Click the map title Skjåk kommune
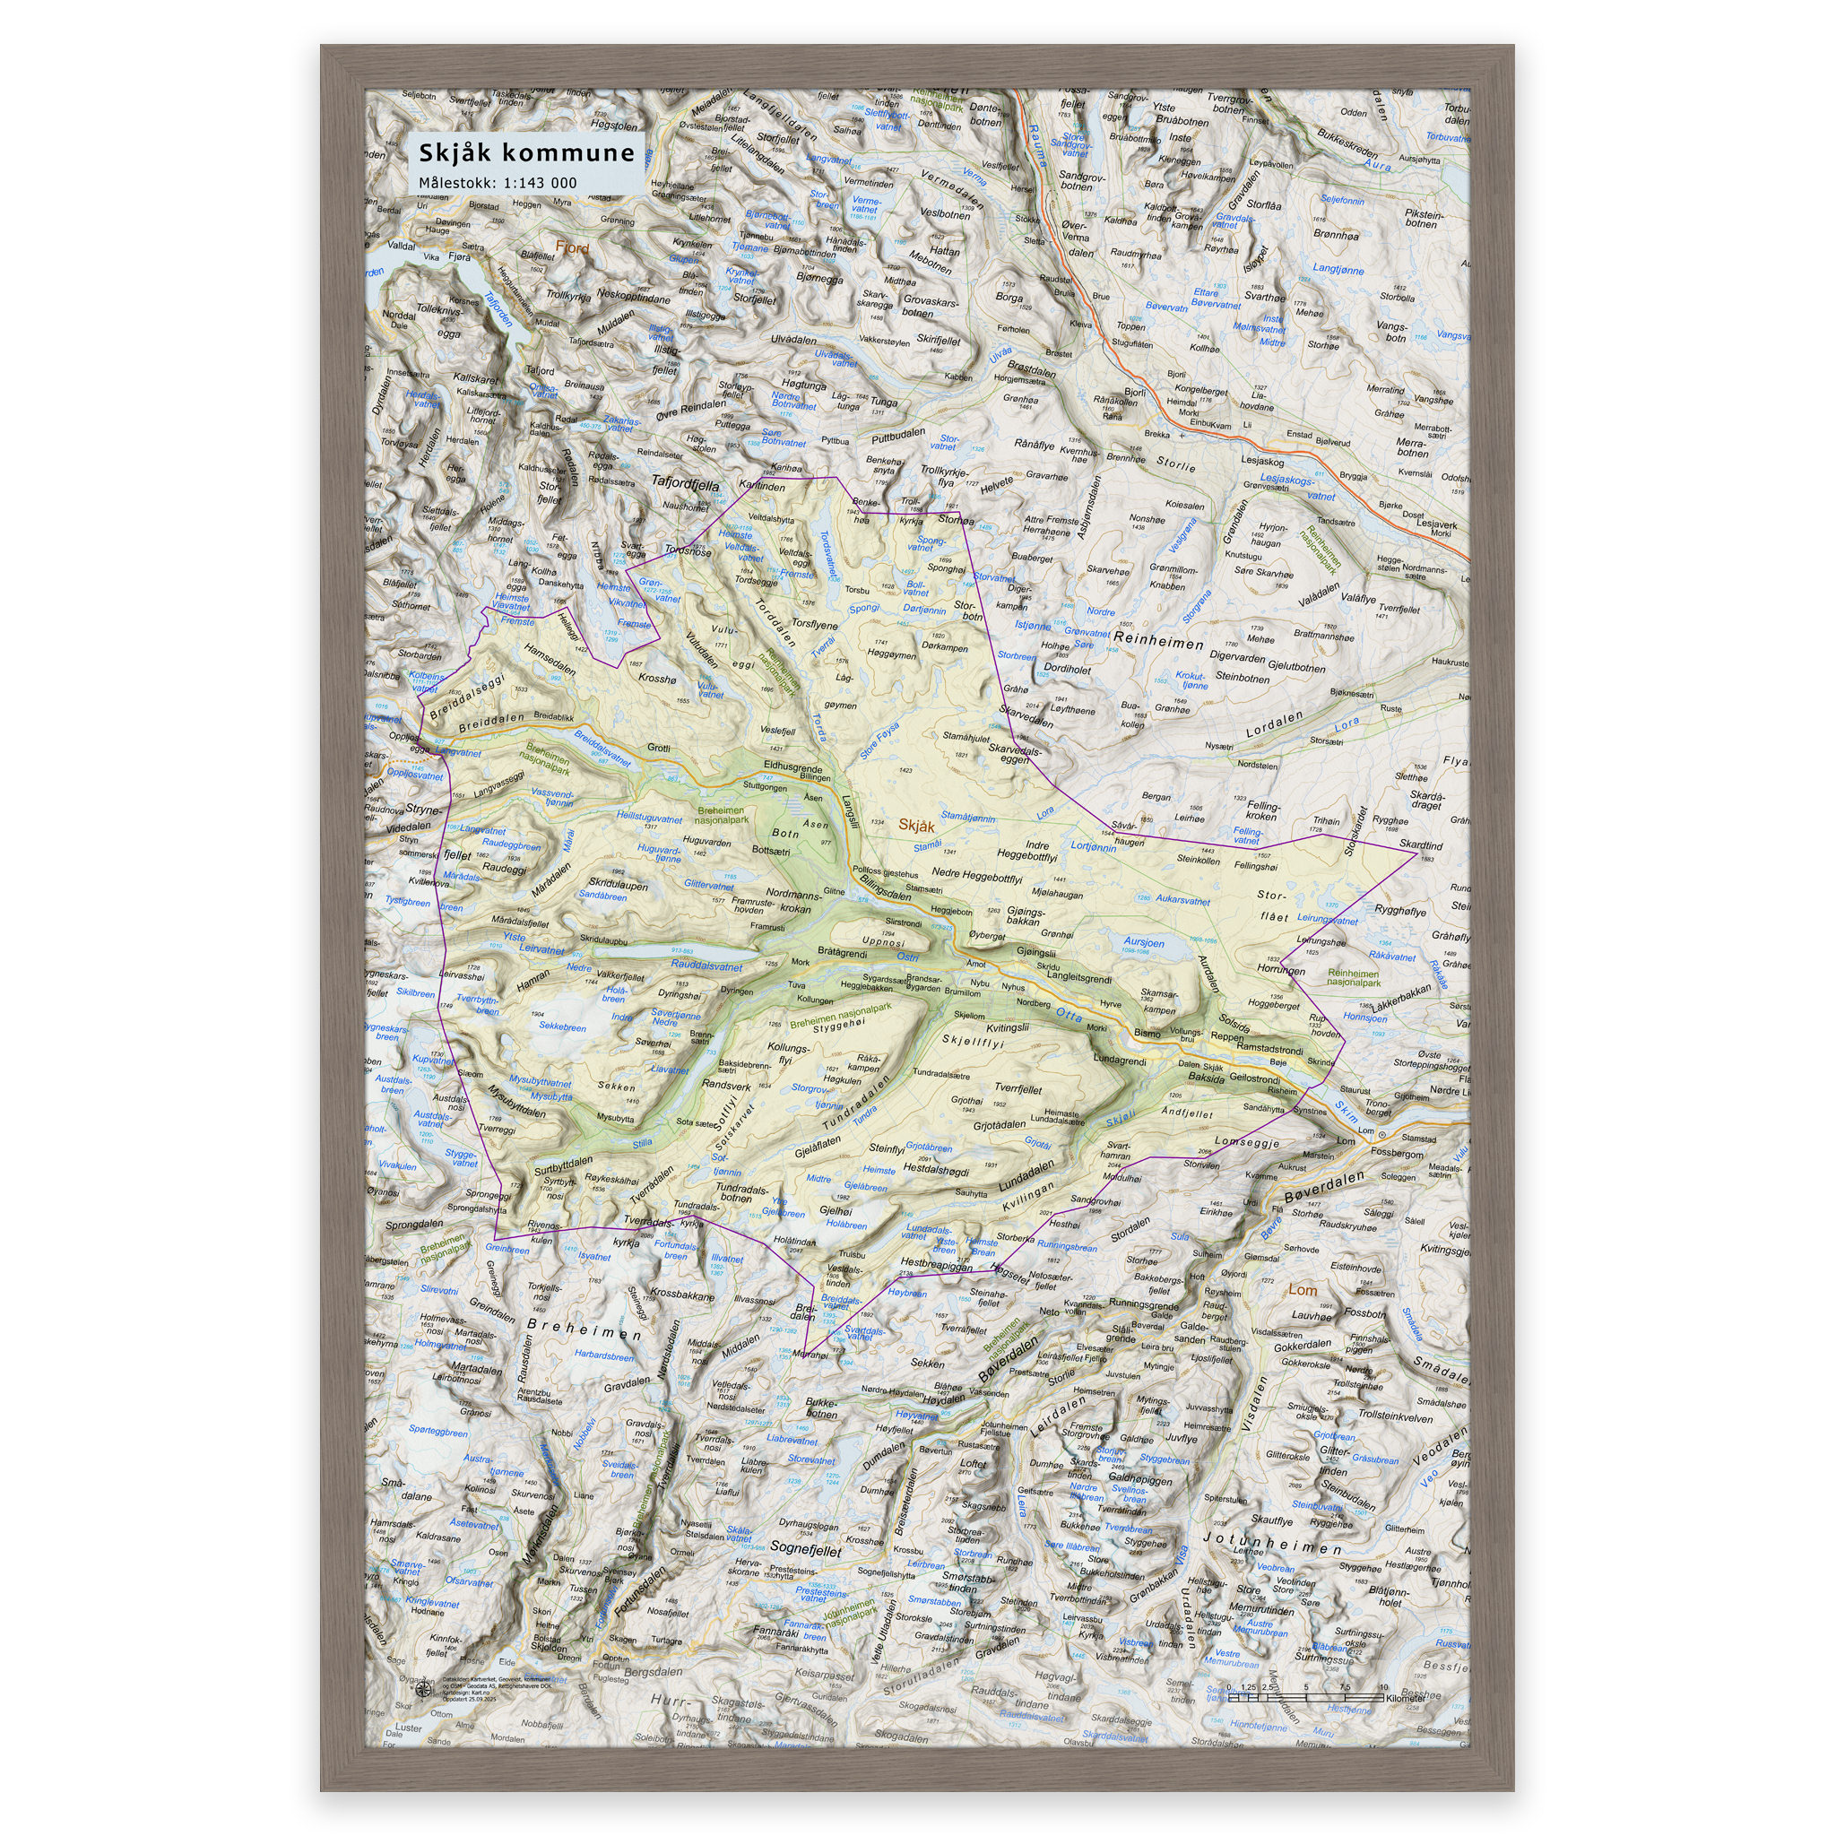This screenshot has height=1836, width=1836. [x=526, y=153]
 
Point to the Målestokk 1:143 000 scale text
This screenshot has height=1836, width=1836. [x=497, y=183]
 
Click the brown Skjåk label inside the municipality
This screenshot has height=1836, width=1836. [x=916, y=825]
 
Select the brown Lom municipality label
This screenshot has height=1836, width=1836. [x=1302, y=1289]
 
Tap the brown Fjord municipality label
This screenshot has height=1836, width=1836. [x=572, y=248]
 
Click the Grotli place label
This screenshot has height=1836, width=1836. [x=659, y=747]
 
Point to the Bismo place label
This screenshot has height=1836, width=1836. [x=1147, y=1033]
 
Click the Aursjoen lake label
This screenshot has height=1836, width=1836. [x=1144, y=943]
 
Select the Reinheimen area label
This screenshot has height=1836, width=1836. [x=1158, y=644]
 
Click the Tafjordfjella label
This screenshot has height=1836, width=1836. [x=684, y=483]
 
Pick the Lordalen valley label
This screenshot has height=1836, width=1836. [x=1275, y=725]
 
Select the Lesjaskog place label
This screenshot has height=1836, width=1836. [x=1262, y=462]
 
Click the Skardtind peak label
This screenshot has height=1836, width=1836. [x=1421, y=844]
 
